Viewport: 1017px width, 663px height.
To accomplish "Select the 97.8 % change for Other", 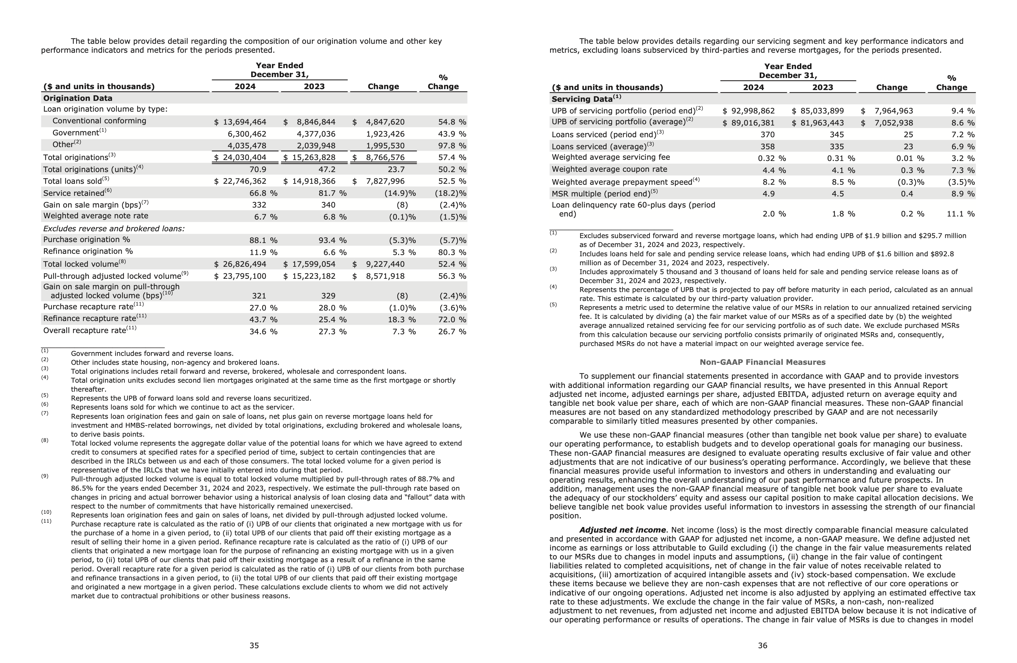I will click(452, 146).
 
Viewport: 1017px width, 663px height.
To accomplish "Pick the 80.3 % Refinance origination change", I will click(452, 253).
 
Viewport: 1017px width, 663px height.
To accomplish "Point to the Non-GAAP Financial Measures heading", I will click(762, 362).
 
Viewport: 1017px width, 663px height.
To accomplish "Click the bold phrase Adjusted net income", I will click(622, 530).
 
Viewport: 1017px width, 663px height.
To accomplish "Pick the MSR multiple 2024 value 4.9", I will click(768, 194).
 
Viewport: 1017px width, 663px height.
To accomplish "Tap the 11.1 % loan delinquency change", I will click(960, 214).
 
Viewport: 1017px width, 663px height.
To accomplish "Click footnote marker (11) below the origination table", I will click(46, 521).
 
